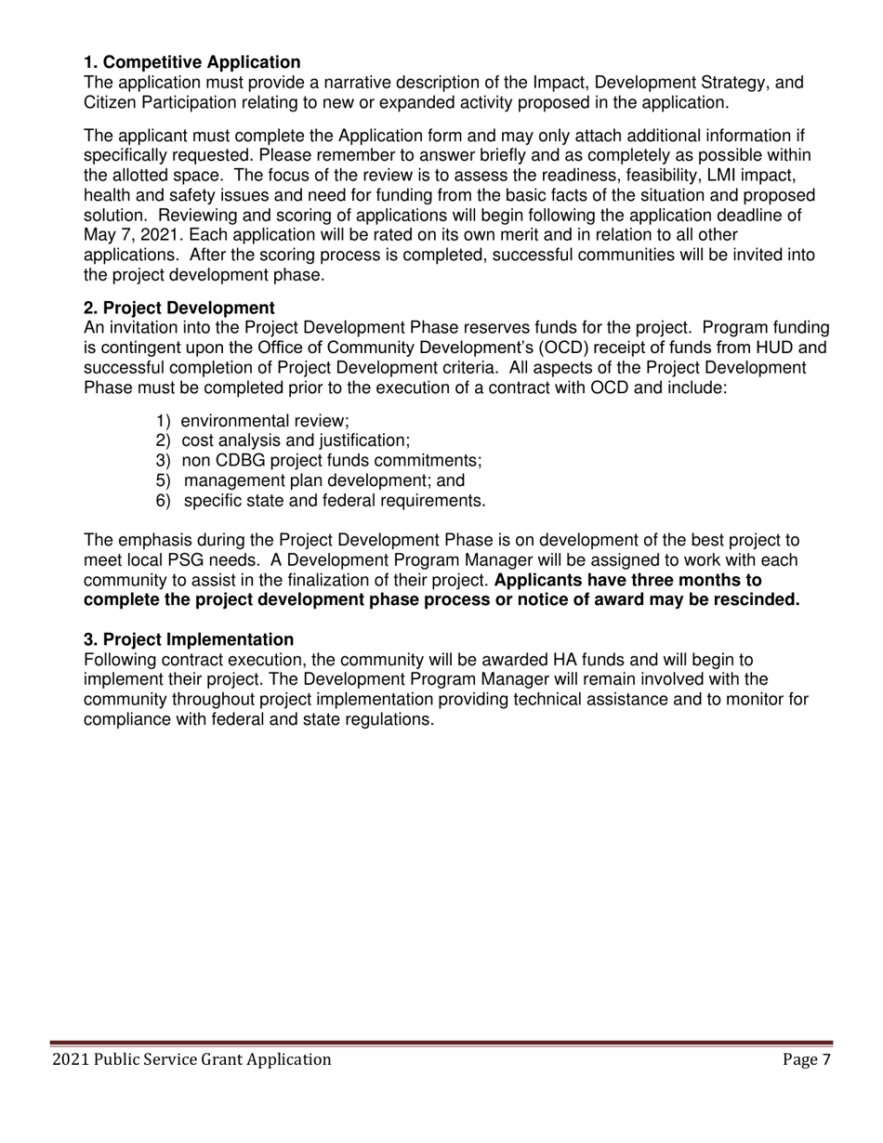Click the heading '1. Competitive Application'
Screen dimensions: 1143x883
click(x=191, y=62)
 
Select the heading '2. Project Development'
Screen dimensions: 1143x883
click(x=178, y=308)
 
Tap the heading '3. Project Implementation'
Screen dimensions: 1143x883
click(x=189, y=639)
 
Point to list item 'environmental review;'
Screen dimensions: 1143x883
click(x=264, y=420)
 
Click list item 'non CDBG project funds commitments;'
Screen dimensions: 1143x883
click(x=331, y=460)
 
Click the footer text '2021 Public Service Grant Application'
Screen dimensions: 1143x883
click(x=191, y=1059)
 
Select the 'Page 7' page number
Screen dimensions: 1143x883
click(x=806, y=1059)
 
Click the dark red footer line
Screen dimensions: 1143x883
click(x=441, y=1044)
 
